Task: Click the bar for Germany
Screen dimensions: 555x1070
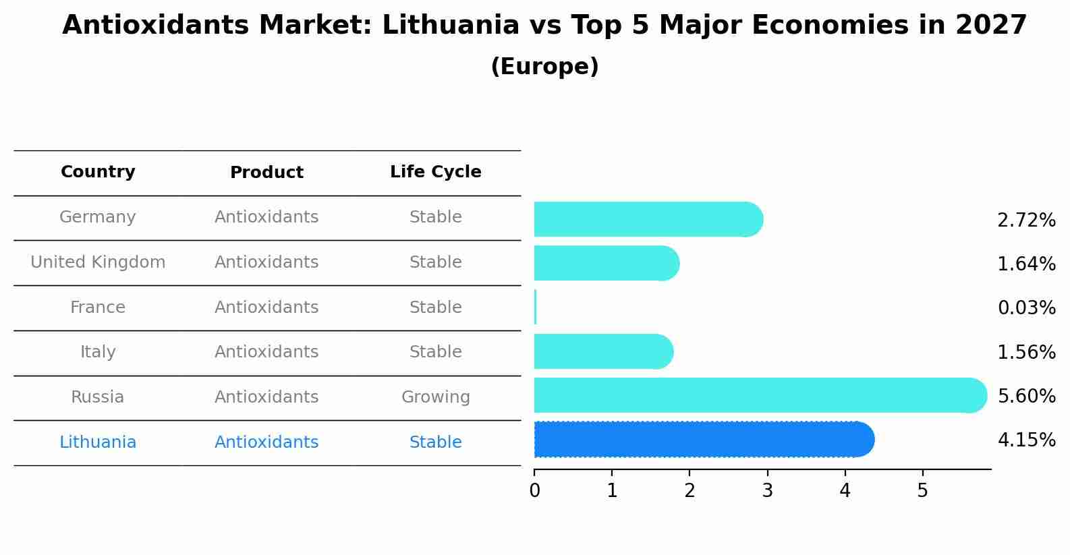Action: coord(648,219)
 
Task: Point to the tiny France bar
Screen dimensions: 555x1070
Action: coord(536,308)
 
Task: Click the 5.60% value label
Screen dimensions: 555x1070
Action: coord(1026,396)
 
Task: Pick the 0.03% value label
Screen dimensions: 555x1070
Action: coord(1026,308)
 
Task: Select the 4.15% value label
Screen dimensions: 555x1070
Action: coord(1026,440)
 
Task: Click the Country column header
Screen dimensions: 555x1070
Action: coord(98,172)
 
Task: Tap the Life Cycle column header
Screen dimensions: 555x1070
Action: coord(435,172)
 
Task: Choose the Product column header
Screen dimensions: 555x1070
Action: coord(266,173)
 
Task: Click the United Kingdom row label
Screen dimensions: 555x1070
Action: coord(98,262)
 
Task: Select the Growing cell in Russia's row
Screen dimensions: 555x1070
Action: coord(435,397)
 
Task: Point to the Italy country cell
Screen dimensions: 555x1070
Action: coord(98,352)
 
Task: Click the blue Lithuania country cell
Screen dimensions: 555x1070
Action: coord(98,442)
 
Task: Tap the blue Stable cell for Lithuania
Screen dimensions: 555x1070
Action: coord(435,442)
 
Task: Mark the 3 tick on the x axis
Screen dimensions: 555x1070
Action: coord(767,490)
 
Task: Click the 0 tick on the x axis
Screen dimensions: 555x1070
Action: coord(534,490)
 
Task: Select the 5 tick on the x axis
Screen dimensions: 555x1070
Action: coord(922,490)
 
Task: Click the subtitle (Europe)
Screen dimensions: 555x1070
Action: coord(544,67)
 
